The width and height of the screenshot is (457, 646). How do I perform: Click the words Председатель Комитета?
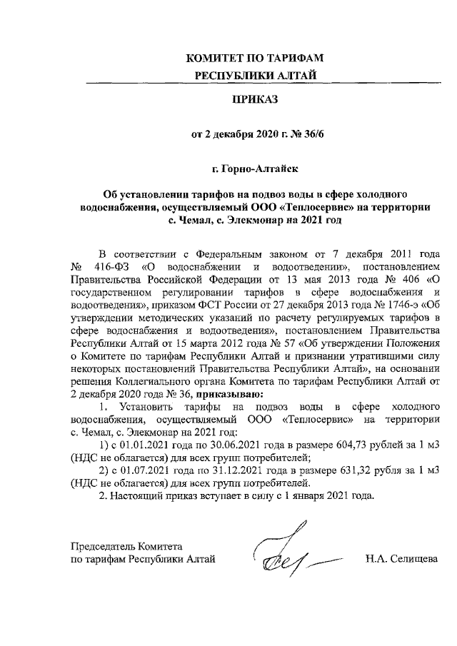tap(127, 545)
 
